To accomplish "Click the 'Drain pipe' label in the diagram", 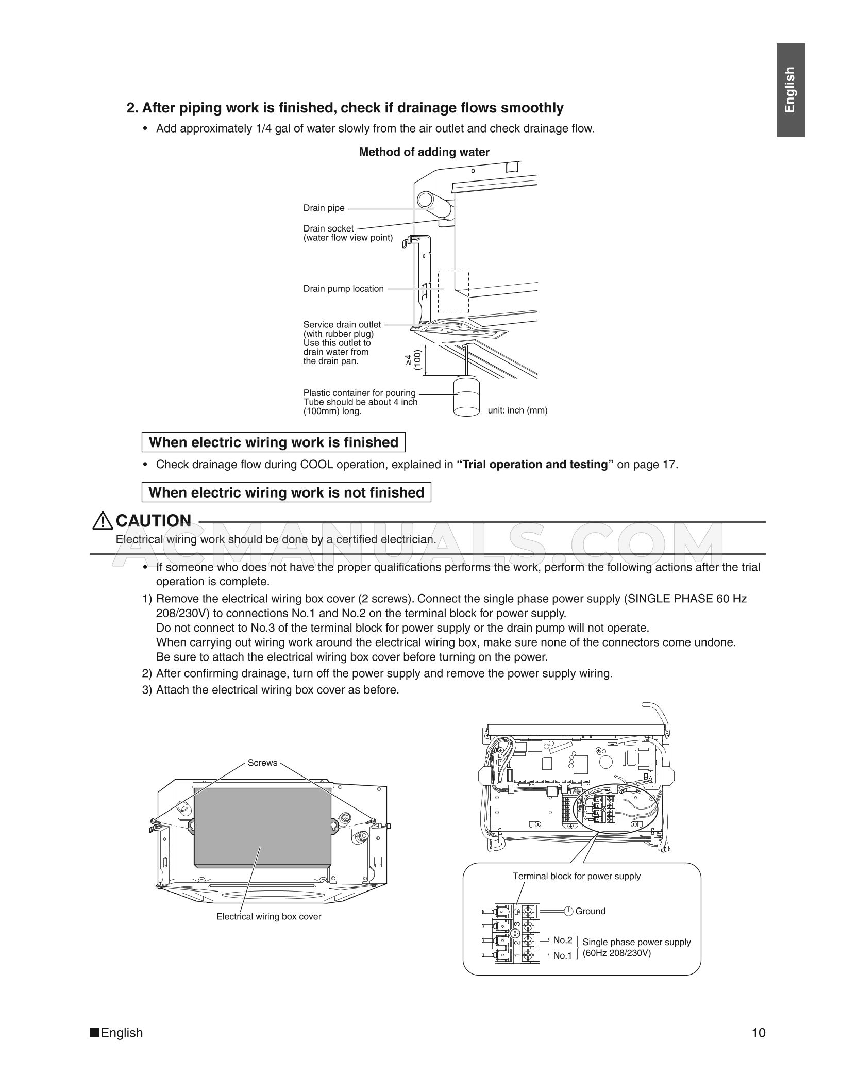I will (324, 208).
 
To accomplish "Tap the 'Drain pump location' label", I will (343, 289).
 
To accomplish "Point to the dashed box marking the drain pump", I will (453, 292).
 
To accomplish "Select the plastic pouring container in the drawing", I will (467, 397).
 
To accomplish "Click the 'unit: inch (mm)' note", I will (517, 410).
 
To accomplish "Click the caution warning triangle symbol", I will (103, 521).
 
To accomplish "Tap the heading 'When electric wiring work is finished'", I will (273, 442).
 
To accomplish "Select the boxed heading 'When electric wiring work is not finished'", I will (286, 492).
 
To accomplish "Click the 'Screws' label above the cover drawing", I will (262, 763).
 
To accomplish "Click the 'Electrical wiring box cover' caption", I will (268, 916).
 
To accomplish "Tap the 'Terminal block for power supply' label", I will (576, 876).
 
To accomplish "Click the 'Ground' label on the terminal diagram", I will (590, 911).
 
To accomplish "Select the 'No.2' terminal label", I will (562, 940).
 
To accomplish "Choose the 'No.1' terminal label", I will (562, 955).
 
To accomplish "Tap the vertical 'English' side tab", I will (790, 90).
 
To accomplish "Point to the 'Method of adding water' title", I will (424, 152).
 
